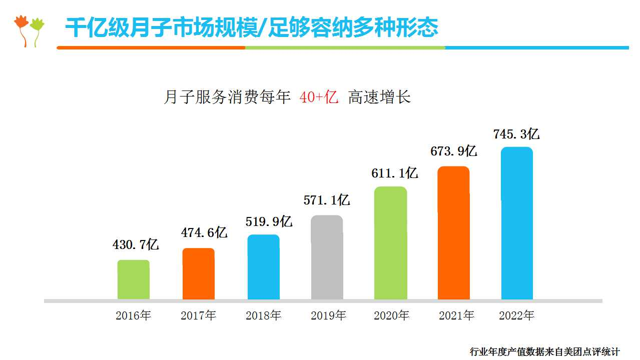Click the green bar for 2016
click(x=133, y=279)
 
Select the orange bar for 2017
click(x=198, y=273)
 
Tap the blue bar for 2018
click(x=263, y=267)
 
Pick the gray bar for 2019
click(x=327, y=257)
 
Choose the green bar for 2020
click(x=390, y=243)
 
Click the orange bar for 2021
click(x=453, y=233)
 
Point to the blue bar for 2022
click(x=517, y=223)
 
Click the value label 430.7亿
click(x=136, y=244)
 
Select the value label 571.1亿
click(x=327, y=200)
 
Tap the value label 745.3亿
click(x=516, y=134)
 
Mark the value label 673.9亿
click(x=454, y=151)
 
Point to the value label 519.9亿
click(x=269, y=221)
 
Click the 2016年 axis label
click(x=133, y=315)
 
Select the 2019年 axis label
click(x=328, y=315)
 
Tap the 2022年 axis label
click(x=517, y=315)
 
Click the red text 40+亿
click(x=319, y=97)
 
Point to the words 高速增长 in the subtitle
click(x=379, y=97)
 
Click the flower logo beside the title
click(x=29, y=30)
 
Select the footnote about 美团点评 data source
click(x=544, y=352)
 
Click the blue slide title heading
click(x=252, y=28)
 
